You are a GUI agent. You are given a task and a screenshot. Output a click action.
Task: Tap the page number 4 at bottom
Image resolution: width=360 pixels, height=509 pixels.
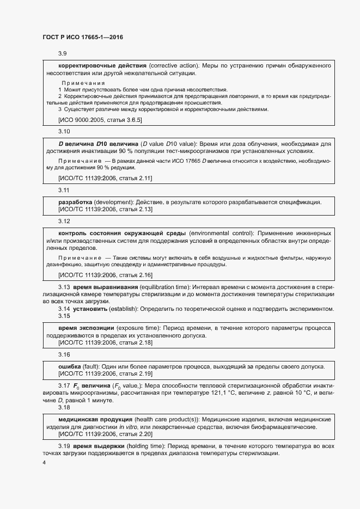[44, 462]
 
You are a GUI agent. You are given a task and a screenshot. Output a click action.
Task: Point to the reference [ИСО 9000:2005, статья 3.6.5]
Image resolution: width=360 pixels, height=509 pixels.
[100, 119]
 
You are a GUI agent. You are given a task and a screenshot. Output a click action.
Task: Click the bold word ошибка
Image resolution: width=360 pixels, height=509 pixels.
[70, 366]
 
